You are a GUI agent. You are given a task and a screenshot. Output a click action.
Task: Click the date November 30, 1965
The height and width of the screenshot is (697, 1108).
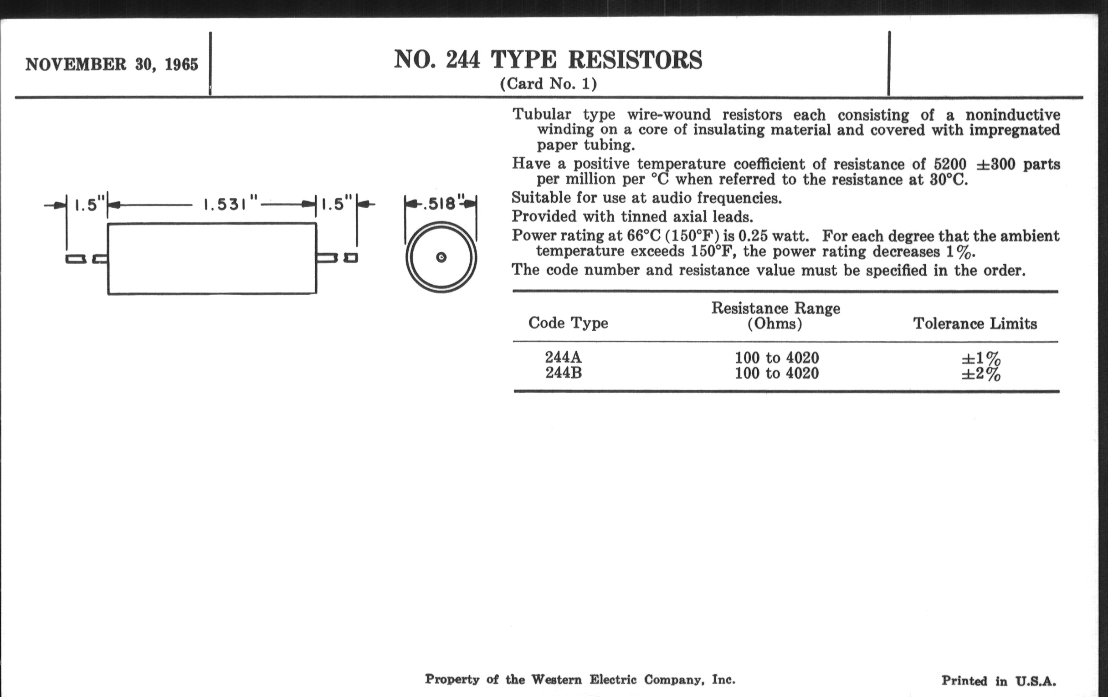click(x=111, y=64)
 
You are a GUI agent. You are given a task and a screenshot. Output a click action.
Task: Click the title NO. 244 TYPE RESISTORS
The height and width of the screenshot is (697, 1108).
click(x=548, y=60)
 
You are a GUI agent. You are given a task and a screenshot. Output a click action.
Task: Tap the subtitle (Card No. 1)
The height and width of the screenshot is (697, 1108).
click(x=548, y=84)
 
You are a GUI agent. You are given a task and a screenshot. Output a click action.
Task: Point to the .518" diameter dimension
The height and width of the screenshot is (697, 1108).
click(x=440, y=203)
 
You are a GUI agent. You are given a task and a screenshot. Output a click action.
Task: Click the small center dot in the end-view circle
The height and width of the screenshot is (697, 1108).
click(x=441, y=257)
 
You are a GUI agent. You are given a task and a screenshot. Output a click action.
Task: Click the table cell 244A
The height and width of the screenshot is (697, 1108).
click(x=563, y=357)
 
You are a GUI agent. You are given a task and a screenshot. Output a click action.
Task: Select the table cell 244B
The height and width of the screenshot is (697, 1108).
click(x=564, y=373)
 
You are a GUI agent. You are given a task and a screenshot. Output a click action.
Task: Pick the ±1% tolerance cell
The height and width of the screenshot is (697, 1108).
click(x=980, y=358)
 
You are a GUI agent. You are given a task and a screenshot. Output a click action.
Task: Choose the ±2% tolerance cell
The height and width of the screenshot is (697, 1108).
click(x=980, y=374)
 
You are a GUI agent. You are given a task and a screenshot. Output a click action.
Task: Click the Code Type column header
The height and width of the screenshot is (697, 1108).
click(x=568, y=323)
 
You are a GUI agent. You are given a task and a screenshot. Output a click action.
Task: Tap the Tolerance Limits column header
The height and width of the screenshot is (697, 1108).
click(x=975, y=323)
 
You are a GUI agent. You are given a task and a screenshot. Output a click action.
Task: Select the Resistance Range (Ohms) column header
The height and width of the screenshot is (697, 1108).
click(x=776, y=316)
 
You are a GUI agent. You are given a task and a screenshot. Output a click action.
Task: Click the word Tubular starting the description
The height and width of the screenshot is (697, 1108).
click(x=542, y=114)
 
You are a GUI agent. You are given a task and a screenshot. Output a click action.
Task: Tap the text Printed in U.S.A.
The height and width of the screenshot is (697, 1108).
click(x=998, y=681)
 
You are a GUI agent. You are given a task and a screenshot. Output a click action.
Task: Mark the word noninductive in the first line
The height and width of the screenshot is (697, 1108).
click(x=1012, y=114)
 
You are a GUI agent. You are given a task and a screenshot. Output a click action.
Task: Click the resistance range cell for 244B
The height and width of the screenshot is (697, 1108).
click(x=777, y=373)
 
